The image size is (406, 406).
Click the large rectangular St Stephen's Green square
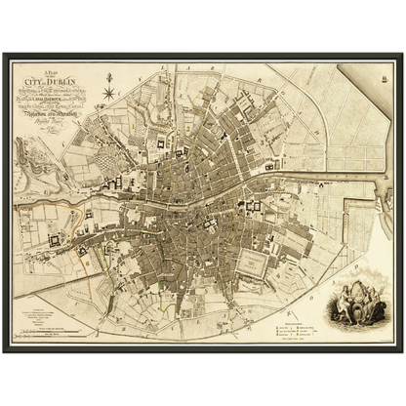pyautogui.click(x=256, y=260)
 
